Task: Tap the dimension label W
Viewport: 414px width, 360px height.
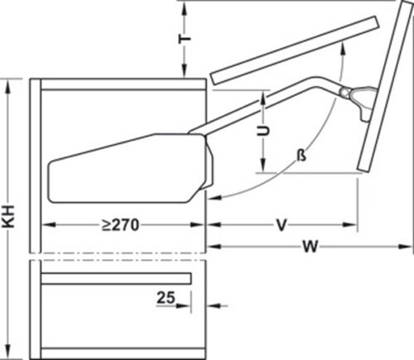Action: pyautogui.click(x=309, y=245)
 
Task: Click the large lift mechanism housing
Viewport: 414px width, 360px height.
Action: pyautogui.click(x=124, y=168)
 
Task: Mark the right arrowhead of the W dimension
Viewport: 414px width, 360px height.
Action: pyautogui.click(x=407, y=245)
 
